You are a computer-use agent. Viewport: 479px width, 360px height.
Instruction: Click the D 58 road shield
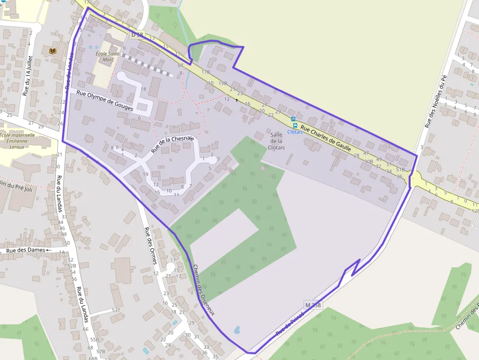click(137, 35)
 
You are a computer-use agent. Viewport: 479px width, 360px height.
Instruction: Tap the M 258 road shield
click(313, 305)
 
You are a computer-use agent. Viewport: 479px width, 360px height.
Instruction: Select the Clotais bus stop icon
click(293, 119)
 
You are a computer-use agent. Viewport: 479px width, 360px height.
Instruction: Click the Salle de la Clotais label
click(276, 141)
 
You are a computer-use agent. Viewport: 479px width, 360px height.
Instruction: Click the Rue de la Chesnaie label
click(172, 145)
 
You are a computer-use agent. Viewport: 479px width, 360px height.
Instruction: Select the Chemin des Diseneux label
click(204, 289)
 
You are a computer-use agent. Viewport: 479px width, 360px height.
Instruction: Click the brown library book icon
click(52, 51)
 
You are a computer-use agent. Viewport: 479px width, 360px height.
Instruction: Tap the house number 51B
click(400, 169)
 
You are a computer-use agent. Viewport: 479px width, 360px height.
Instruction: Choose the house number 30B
click(369, 161)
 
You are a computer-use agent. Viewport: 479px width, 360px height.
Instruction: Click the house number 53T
click(116, 310)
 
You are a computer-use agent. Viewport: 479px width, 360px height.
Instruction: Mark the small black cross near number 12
click(237, 100)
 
